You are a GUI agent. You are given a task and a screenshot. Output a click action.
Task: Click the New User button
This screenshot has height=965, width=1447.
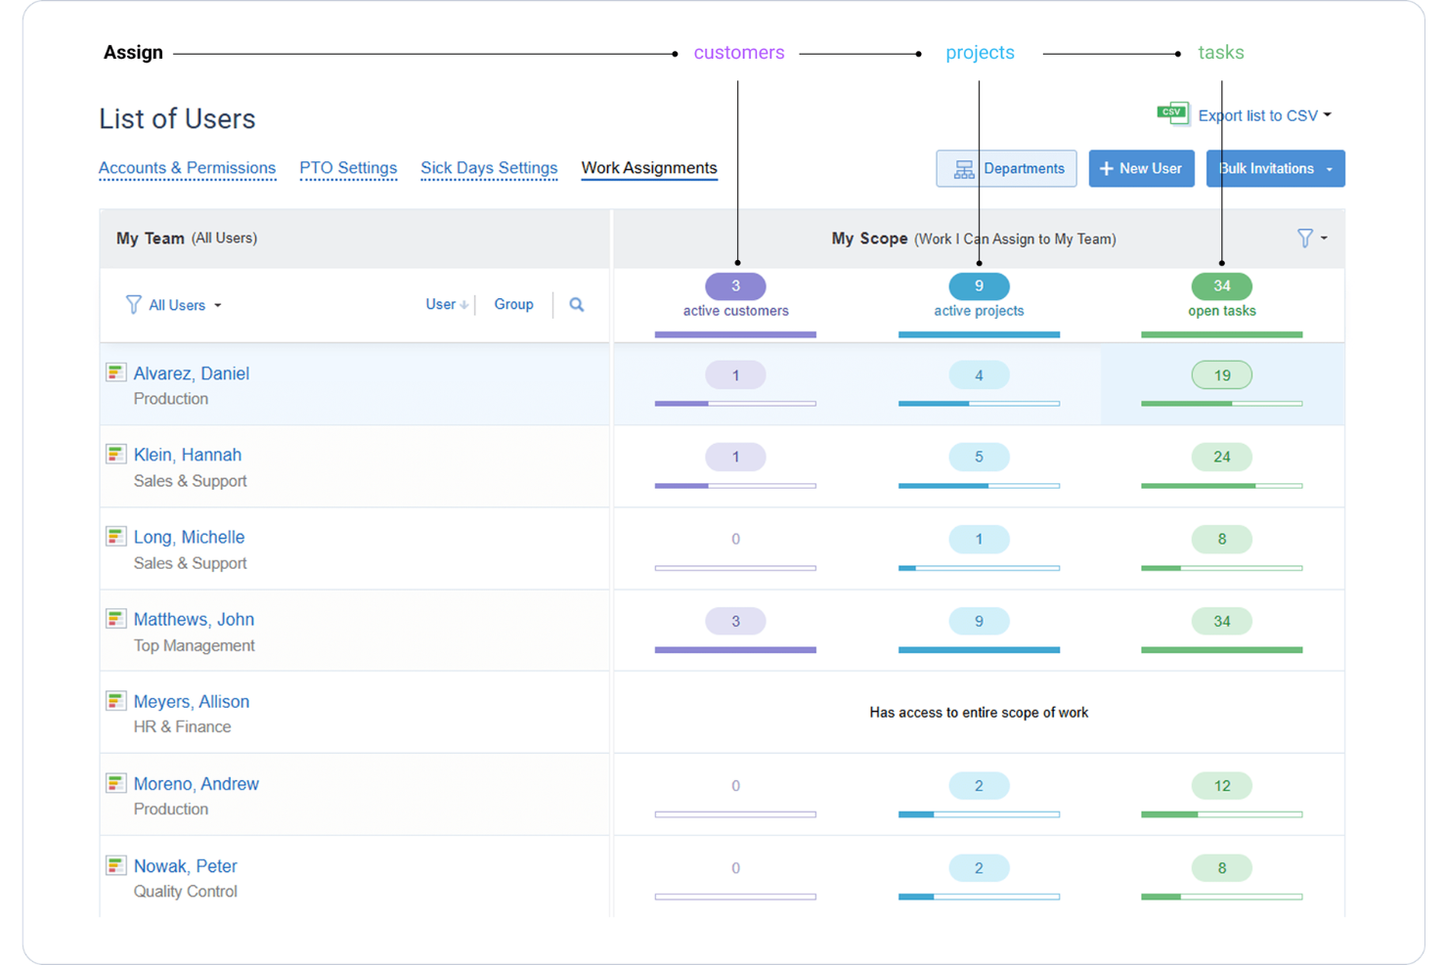1141,168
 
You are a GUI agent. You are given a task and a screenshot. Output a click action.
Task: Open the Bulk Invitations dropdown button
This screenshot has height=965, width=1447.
1275,168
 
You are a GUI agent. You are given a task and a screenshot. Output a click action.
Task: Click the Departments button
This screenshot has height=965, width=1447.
1006,168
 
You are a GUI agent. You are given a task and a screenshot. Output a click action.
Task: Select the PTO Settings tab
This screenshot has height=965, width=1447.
348,168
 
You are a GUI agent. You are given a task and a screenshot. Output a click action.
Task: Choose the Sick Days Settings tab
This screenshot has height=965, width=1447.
489,168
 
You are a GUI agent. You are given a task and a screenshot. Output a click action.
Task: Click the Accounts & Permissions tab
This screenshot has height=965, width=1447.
187,168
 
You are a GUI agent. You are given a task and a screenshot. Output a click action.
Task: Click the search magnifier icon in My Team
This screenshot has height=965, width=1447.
577,305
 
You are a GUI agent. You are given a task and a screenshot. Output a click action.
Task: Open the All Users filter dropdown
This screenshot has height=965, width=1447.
176,305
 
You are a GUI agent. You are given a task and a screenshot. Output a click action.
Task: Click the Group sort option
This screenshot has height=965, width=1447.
513,305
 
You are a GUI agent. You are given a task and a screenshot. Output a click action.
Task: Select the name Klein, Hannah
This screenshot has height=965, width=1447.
188,455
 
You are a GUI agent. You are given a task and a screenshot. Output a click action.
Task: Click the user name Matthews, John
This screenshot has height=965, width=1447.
194,619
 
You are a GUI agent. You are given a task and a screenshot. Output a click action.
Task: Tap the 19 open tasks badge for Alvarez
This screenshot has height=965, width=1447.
1221,375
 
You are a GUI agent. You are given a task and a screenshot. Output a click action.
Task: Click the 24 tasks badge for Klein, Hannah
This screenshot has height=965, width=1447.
1221,457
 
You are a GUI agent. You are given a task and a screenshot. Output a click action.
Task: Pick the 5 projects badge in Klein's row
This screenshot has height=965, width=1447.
979,457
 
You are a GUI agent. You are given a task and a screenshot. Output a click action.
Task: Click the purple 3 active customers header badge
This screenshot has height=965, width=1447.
735,286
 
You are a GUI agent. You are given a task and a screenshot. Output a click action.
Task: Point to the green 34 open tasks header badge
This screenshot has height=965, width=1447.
1221,286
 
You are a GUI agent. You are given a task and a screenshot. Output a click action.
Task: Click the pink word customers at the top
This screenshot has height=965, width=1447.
738,53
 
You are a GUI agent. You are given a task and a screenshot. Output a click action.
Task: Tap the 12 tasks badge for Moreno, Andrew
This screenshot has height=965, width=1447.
1221,786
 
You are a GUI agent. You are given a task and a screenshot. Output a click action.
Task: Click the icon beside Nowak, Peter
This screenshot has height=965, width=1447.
115,865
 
